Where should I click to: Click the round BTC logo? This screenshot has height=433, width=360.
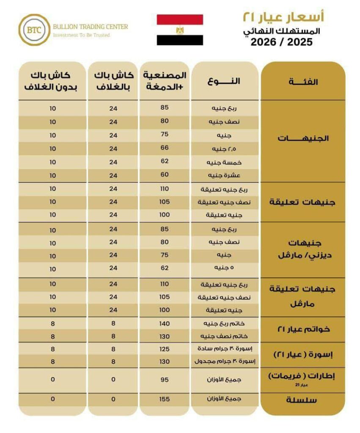pyautogui.click(x=34, y=30)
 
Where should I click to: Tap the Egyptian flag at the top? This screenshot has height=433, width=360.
pyautogui.click(x=180, y=30)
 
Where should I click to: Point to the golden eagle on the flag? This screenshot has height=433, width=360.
pyautogui.click(x=180, y=30)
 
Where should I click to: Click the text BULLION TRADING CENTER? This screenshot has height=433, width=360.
pyautogui.click(x=90, y=27)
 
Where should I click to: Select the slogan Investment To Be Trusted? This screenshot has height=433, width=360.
pyautogui.click(x=81, y=35)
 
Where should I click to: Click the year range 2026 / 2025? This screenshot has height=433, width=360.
pyautogui.click(x=281, y=42)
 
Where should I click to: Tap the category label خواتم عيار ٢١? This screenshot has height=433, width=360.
pyautogui.click(x=303, y=329)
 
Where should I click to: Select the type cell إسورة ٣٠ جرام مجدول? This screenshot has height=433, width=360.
pyautogui.click(x=225, y=362)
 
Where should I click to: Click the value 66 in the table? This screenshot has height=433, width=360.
pyautogui.click(x=165, y=148)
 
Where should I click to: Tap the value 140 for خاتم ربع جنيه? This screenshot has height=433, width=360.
pyautogui.click(x=165, y=323)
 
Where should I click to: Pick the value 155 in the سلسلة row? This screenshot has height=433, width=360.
pyautogui.click(x=165, y=399)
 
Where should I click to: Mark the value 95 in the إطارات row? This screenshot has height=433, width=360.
pyautogui.click(x=165, y=379)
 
